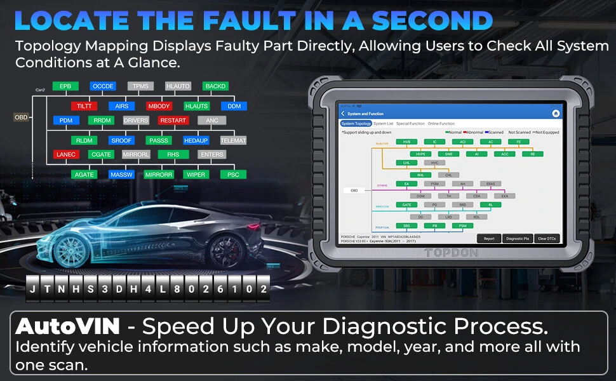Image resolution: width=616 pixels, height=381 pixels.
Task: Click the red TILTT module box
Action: pos(84,106)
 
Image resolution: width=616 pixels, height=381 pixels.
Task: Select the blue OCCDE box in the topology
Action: pos(102,86)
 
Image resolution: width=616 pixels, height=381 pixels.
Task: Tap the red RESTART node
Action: pos(173,121)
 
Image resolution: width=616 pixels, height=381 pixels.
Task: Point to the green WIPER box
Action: pos(196,175)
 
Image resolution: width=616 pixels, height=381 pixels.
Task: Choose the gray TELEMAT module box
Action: pos(233,140)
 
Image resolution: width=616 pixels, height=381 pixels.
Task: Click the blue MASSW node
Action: pos(121,175)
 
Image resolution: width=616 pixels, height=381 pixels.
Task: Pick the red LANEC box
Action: pos(66,154)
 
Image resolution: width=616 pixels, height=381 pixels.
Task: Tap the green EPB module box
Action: pos(65,86)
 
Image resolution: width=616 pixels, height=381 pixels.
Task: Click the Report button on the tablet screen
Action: pos(489,239)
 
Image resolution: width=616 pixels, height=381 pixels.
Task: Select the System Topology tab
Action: pos(356,124)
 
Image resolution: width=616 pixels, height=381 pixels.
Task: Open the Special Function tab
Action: pos(410,124)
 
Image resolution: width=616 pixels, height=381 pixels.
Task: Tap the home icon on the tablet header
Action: pos(556,113)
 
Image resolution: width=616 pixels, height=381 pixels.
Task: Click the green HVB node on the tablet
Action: pos(407,142)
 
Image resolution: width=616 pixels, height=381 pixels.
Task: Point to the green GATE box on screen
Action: pos(407,205)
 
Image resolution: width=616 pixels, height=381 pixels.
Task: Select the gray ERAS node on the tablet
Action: pos(491,184)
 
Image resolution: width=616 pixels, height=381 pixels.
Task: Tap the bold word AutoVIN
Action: pos(68,327)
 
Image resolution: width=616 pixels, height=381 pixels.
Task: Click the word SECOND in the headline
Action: pos(432,20)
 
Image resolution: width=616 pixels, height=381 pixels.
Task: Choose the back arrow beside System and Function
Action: pos(344,114)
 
